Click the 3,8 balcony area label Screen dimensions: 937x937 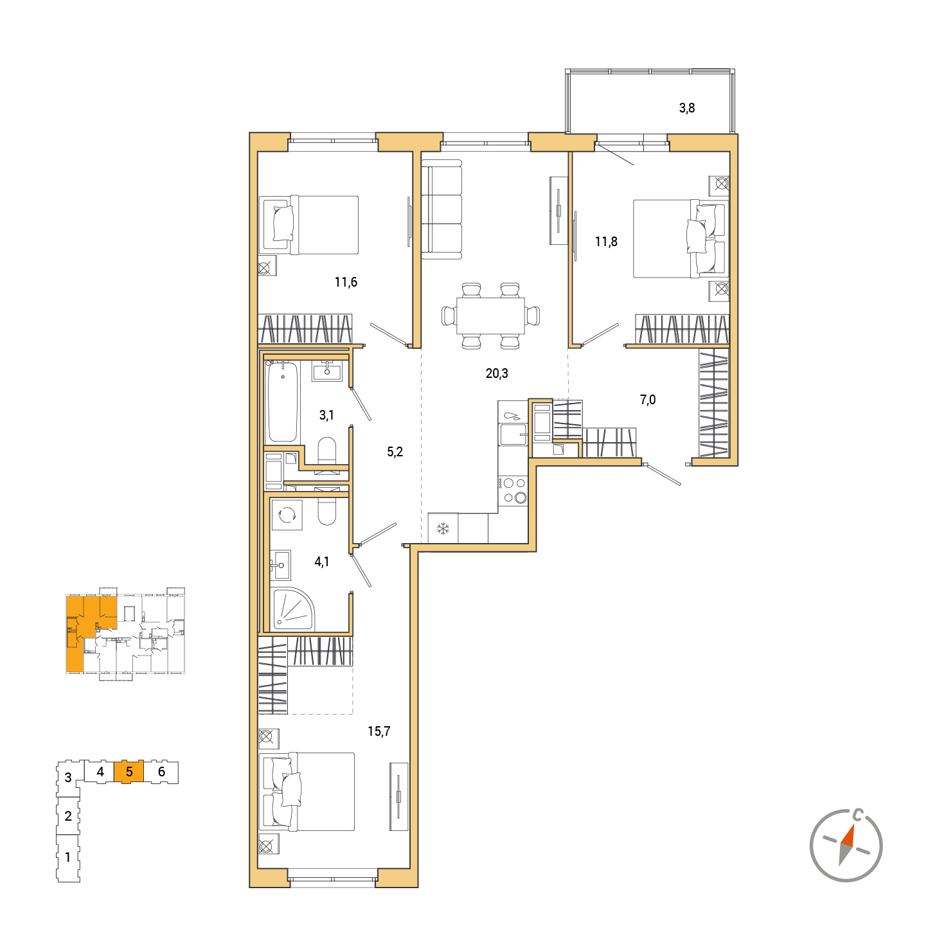(x=686, y=108)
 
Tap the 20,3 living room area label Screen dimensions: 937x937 (x=497, y=373)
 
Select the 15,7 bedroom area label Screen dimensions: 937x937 (x=379, y=731)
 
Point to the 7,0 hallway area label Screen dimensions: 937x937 (x=648, y=400)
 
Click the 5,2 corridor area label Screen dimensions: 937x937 (x=395, y=452)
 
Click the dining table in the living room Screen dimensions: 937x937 (x=490, y=316)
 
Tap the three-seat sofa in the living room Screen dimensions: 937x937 (x=442, y=210)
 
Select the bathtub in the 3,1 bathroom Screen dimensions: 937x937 (x=283, y=402)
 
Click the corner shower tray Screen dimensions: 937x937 (x=293, y=610)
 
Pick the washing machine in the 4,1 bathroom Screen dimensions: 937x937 (x=287, y=515)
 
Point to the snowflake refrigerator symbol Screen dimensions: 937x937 (x=443, y=528)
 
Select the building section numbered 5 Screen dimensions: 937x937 (x=129, y=772)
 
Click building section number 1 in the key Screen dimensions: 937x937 (x=68, y=857)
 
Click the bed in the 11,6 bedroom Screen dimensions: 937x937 (x=309, y=225)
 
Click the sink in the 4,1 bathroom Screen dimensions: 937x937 (x=280, y=565)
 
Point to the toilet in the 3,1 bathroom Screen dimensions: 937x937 (x=326, y=451)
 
